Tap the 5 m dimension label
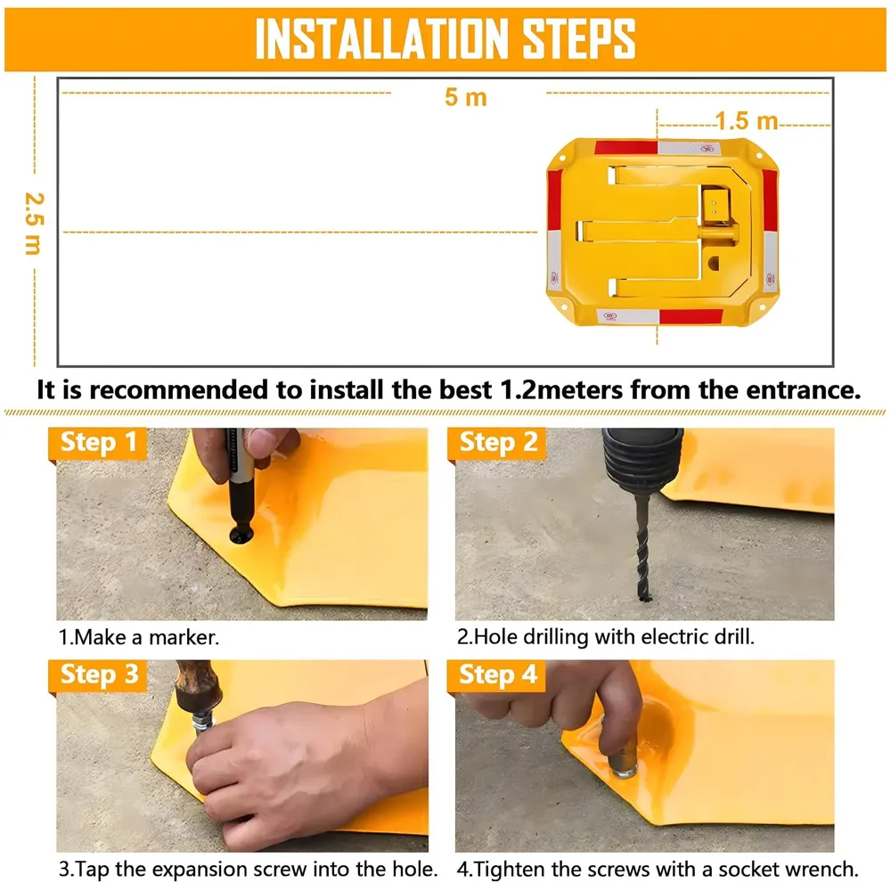pos(466,97)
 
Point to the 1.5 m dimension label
pos(747,120)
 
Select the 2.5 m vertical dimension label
pos(32,223)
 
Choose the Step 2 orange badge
pos(498,442)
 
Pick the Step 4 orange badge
pos(498,674)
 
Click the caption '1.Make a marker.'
pos(138,638)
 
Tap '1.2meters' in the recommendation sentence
pos(565,389)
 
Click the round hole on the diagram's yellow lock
pos(715,265)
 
